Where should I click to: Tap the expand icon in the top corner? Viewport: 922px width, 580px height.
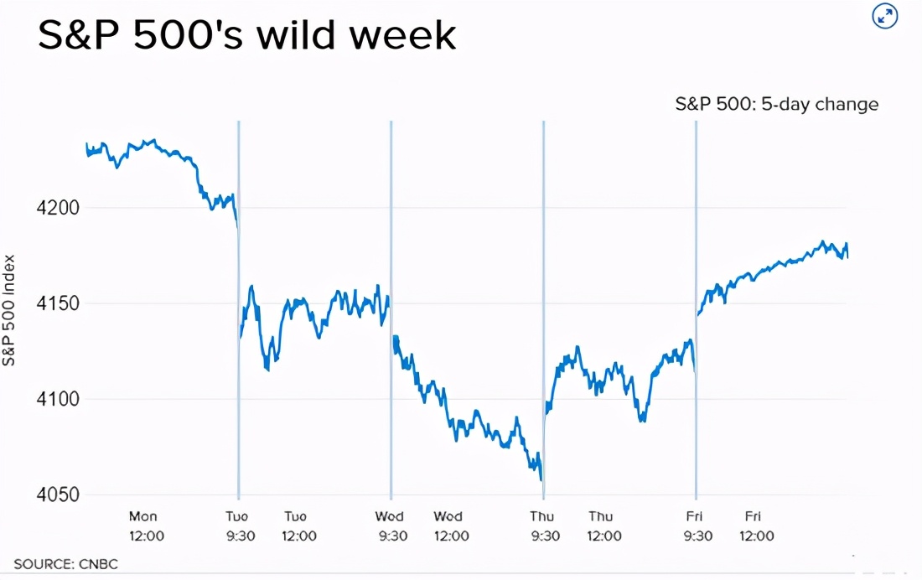point(885,16)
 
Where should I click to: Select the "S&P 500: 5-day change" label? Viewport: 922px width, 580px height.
point(777,105)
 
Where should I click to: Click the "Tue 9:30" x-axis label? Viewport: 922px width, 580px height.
point(241,526)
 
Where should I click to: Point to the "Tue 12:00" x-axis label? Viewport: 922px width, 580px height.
point(298,526)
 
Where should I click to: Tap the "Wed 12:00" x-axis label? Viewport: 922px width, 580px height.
point(451,526)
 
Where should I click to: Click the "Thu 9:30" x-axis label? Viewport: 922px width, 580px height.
point(544,526)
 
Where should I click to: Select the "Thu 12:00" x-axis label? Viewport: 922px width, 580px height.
point(603,526)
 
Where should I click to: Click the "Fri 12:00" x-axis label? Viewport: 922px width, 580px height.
point(756,526)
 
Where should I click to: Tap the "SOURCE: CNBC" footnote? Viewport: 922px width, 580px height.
point(65,564)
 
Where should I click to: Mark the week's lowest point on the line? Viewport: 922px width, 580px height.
point(542,479)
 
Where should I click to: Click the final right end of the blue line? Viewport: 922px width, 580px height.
point(847,257)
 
